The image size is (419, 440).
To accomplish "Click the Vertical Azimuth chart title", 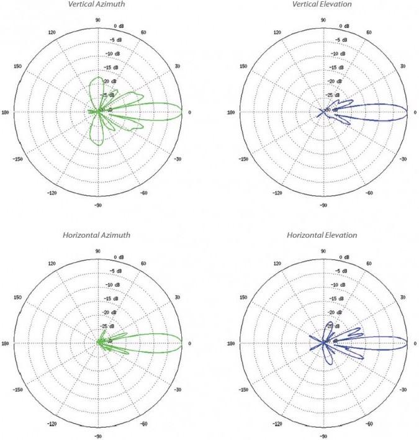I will coord(97,4).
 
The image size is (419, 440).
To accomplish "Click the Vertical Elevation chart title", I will coord(322,4).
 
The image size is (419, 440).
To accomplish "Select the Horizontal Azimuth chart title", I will coord(97,236).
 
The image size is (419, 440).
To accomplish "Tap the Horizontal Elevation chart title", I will coord(322,236).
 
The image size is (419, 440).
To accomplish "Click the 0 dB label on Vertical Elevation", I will coord(345,26).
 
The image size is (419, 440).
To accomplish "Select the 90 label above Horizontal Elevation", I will coord(323,251).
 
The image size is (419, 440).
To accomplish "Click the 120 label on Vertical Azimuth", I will coord(52,32).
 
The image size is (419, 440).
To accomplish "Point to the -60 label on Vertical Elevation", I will coord(369,193).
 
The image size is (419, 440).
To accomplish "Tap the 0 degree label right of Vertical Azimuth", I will coord(189,112).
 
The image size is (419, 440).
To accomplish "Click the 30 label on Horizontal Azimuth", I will coord(177,297).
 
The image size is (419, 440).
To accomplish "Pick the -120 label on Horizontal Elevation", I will coord(277,424).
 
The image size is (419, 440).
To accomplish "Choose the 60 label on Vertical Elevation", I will coord(368,32).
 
